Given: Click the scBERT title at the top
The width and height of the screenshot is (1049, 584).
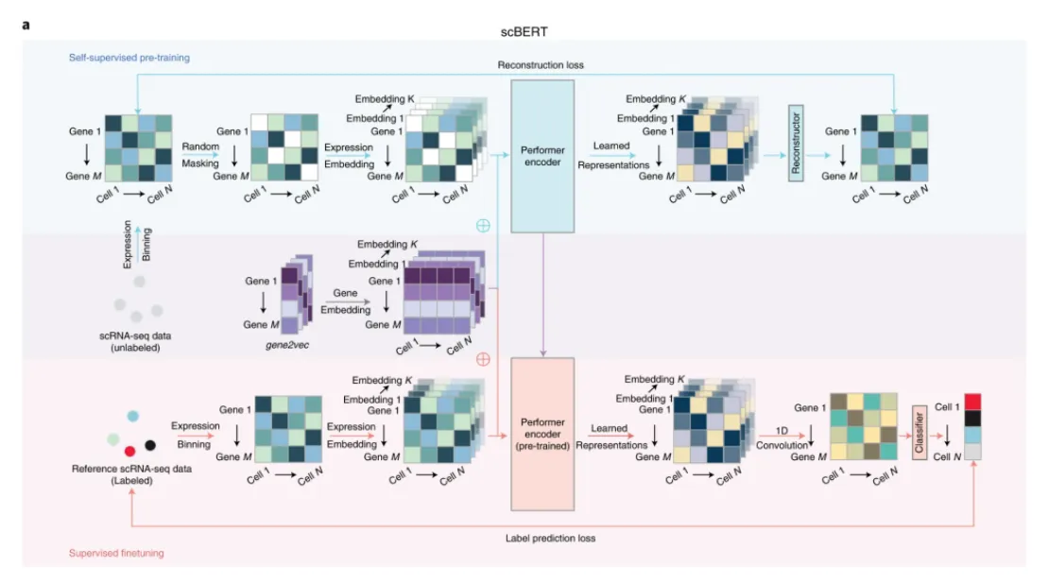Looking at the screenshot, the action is click(x=524, y=31).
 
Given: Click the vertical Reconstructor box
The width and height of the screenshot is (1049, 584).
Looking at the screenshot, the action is click(x=796, y=143).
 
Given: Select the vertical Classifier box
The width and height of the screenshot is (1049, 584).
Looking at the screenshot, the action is click(x=920, y=432).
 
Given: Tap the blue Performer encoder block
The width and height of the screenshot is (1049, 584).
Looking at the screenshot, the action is click(x=542, y=157).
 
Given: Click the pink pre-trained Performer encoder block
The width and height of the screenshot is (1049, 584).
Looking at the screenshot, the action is click(x=542, y=434).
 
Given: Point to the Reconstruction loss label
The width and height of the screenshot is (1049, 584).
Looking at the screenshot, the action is click(x=541, y=65).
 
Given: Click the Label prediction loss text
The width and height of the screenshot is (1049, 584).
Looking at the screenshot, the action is click(x=550, y=538).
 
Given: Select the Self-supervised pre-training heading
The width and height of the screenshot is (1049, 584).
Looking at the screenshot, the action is click(x=129, y=58).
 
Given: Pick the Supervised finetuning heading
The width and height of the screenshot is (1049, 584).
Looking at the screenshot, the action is click(x=116, y=553).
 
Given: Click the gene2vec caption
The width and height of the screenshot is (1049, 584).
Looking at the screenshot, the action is click(x=287, y=345).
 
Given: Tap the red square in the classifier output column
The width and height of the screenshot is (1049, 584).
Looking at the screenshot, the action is click(x=972, y=402).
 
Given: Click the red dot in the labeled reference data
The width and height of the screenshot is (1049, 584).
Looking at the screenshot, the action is click(x=129, y=451).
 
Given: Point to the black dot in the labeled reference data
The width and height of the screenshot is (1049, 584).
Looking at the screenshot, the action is click(x=150, y=445).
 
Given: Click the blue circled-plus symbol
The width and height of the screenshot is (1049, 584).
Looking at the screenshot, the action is click(x=483, y=226).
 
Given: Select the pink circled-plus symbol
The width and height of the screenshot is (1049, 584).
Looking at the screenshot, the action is click(x=483, y=359).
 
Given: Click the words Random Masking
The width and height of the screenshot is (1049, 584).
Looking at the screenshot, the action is click(x=200, y=155).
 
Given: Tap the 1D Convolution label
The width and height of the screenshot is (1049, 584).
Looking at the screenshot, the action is click(x=782, y=438).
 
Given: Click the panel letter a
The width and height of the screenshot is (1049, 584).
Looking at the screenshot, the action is click(x=26, y=26).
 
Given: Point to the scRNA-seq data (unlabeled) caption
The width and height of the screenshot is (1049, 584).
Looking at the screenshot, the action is click(x=135, y=342).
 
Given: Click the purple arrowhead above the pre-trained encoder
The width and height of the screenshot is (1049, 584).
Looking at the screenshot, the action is click(x=542, y=353).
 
